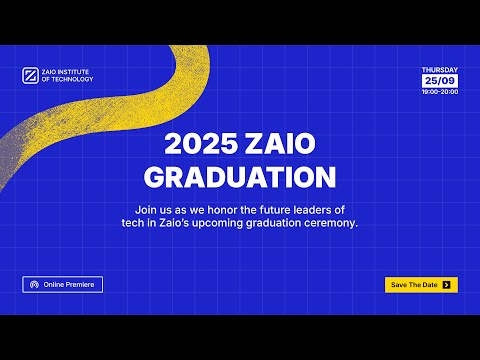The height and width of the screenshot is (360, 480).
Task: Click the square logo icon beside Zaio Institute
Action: point(28,76)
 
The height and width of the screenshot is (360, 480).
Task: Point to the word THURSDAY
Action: point(440,70)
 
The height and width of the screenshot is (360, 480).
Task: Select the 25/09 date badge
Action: point(440,80)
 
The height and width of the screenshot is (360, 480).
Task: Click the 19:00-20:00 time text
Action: point(440,91)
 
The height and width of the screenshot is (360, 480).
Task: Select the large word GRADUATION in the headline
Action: point(240,177)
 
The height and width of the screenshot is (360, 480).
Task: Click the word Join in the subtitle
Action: point(145,209)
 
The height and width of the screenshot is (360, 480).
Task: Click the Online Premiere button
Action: point(62,285)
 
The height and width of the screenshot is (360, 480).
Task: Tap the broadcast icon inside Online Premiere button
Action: point(35,285)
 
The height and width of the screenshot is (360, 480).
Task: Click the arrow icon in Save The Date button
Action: point(446,285)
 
